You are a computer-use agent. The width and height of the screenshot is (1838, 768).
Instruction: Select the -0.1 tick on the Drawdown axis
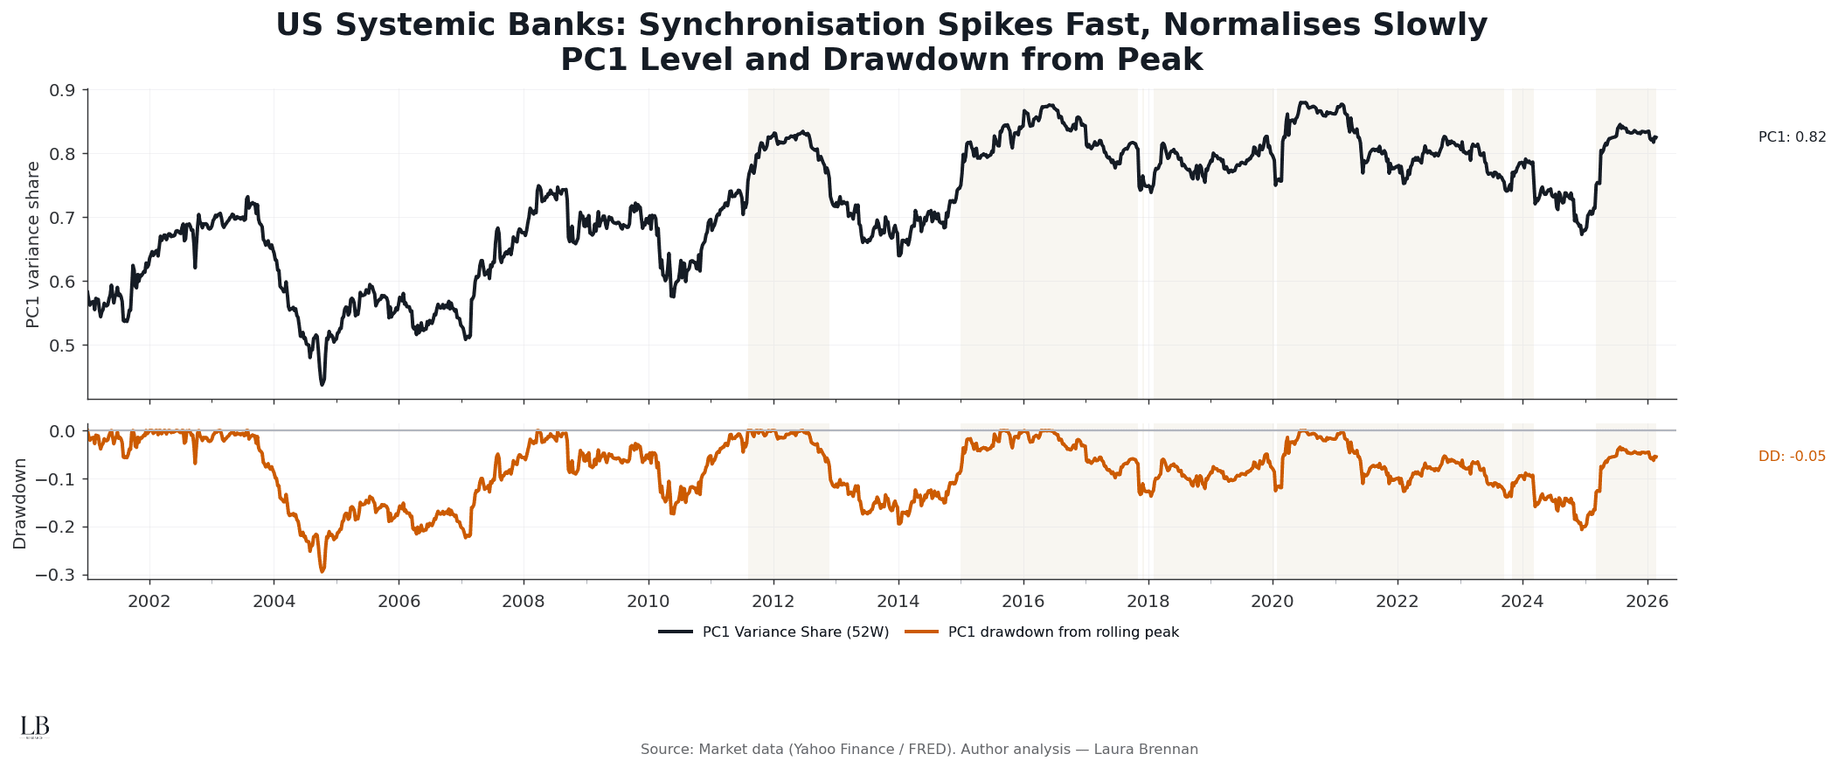(x=57, y=479)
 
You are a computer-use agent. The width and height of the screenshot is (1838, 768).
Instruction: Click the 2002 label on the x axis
(x=149, y=602)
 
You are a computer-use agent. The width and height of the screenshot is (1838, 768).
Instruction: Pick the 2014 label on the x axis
(x=898, y=602)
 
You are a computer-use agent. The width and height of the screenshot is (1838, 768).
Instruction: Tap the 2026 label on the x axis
(x=1647, y=602)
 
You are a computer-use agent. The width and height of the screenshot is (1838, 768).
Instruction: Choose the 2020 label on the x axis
(x=1273, y=602)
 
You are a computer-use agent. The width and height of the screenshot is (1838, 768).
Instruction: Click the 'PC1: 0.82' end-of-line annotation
(x=1792, y=137)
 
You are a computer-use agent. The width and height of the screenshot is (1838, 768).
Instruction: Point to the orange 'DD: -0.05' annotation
(x=1792, y=457)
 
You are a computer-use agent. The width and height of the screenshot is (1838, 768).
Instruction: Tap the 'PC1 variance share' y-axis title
(x=33, y=244)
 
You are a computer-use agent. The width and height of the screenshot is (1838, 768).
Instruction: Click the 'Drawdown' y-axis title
(x=20, y=503)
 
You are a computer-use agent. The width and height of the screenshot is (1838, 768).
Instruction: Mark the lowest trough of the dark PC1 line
(x=323, y=384)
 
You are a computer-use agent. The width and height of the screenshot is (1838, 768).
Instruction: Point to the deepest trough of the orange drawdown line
(x=323, y=571)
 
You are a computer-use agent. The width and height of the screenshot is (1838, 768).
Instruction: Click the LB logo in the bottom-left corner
(x=35, y=727)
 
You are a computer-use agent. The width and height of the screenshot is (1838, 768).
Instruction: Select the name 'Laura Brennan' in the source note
(x=1146, y=750)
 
